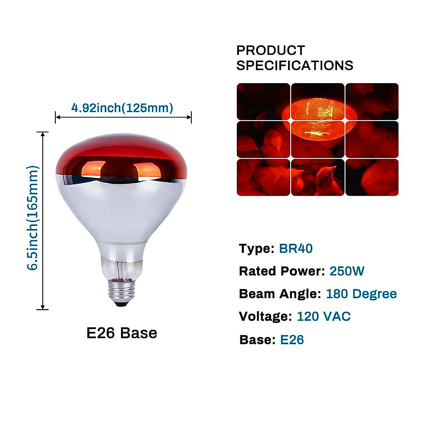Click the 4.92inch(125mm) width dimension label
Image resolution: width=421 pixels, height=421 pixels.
122,108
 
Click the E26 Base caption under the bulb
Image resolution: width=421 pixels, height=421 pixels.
122,333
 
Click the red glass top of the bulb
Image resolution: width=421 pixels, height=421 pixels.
121,154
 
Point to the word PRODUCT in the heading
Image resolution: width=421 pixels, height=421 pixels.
270,51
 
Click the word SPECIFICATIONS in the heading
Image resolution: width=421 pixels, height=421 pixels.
295,66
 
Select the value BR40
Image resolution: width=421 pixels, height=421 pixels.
295,248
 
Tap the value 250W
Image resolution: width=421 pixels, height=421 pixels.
347,271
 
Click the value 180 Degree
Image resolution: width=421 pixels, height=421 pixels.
361,294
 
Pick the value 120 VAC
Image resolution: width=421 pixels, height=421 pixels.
323,316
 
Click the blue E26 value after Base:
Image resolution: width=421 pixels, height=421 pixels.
292,340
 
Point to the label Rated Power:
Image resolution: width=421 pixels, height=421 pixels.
282,271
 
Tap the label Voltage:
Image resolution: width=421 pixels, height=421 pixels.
265,316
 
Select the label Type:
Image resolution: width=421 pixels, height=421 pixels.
257,248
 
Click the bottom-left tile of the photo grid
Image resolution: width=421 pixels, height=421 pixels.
263,177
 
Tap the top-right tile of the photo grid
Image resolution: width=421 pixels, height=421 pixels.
372,101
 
